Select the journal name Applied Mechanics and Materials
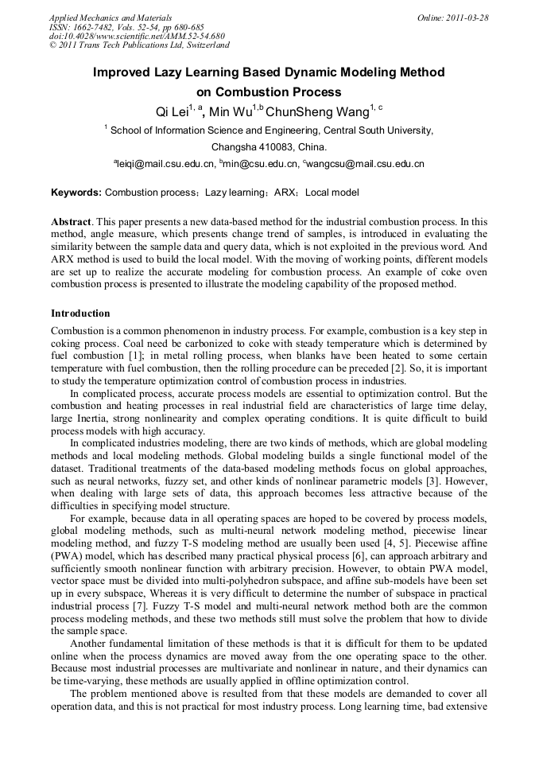pos(111,18)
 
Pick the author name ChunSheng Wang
pos(320,111)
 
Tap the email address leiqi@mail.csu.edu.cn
pos(166,164)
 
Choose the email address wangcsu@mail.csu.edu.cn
pos(366,164)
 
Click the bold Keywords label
pos(76,193)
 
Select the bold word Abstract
pos(71,220)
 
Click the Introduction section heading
pos(80,313)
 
